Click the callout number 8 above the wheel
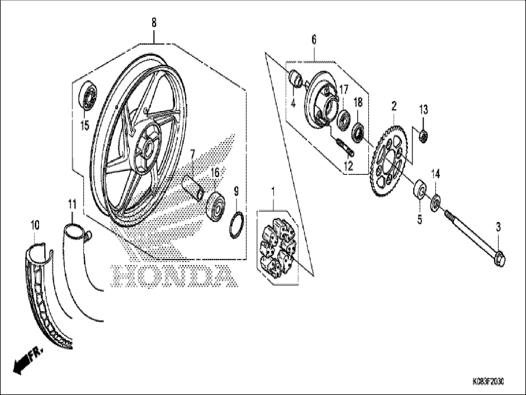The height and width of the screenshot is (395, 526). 154,23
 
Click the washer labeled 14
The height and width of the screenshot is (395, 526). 436,202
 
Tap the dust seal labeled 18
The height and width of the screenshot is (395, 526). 358,132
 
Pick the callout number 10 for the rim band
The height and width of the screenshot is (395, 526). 35,226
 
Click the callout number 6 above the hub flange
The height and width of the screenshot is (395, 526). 314,39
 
